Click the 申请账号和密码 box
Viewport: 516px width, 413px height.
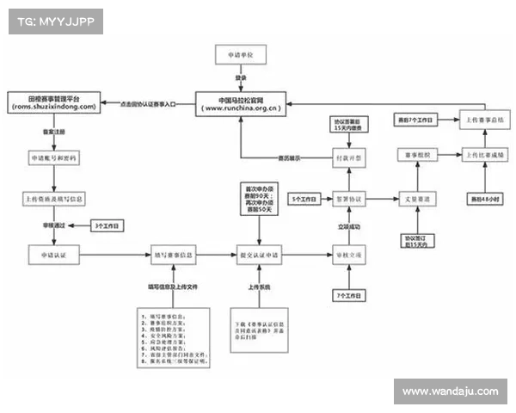point(54,159)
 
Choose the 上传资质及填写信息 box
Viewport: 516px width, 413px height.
point(54,199)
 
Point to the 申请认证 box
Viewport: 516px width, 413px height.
point(54,255)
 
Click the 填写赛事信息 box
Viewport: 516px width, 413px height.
point(173,255)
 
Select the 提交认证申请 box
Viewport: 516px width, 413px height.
point(259,255)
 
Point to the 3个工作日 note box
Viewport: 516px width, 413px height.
point(107,225)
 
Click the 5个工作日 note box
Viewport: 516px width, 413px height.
point(303,199)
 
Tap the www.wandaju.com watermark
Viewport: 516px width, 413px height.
point(450,391)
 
